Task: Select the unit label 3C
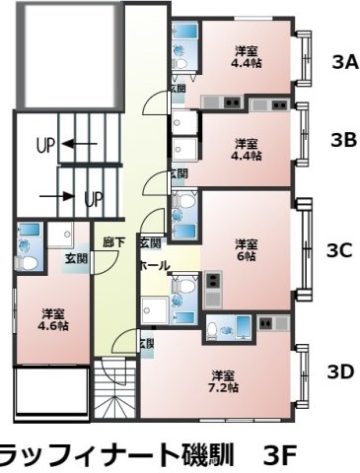click(338, 250)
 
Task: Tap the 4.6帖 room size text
click(55, 325)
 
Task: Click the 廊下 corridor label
click(112, 240)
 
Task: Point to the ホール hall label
click(154, 265)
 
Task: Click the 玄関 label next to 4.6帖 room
click(76, 258)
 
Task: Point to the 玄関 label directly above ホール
click(150, 242)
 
